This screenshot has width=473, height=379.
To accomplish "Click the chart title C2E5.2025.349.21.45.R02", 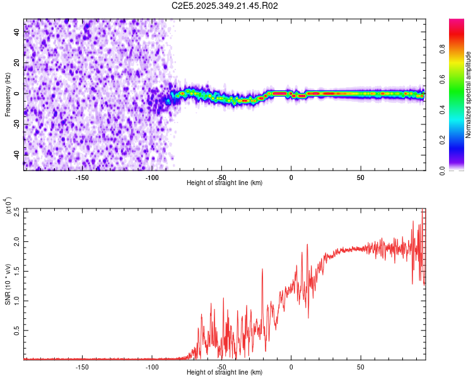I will [225, 6].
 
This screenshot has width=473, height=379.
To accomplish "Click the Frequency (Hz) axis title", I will [8, 94].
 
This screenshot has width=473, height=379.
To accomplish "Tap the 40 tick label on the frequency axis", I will [17, 33].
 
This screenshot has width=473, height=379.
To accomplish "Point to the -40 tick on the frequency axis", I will [17, 153].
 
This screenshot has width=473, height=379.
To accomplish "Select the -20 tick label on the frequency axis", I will [17, 124].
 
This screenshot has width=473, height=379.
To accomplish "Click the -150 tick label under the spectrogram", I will [82, 178].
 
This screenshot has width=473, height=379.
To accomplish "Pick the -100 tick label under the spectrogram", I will [152, 178].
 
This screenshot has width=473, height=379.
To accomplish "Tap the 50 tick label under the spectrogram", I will [361, 178].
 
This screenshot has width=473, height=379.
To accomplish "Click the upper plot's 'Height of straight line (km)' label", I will [225, 183].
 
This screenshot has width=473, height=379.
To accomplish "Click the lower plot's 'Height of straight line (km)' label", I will [225, 373].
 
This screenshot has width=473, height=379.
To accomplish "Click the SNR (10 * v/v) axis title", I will [8, 284].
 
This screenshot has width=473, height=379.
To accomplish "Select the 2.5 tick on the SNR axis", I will [17, 212].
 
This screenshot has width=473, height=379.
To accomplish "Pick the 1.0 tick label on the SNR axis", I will [17, 301].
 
